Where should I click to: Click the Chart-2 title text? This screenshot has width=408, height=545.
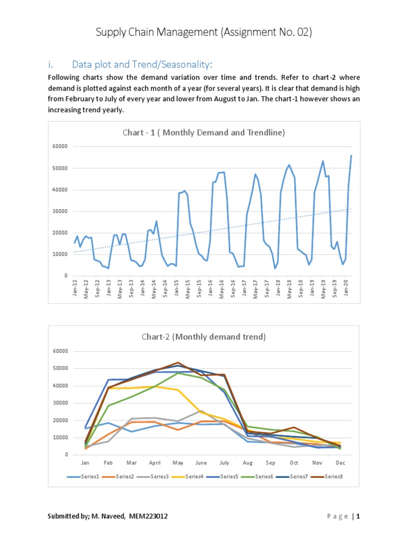pyautogui.click(x=203, y=337)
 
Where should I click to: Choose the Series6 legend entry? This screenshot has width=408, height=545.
pyautogui.click(x=265, y=476)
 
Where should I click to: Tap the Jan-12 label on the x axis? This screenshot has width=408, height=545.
pyautogui.click(x=75, y=288)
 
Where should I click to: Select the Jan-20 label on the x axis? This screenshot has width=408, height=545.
pyautogui.click(x=347, y=288)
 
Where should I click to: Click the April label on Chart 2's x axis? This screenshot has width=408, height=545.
pyautogui.click(x=154, y=463)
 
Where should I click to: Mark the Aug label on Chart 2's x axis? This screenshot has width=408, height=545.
pyautogui.click(x=247, y=463)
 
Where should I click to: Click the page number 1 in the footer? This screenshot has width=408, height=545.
pyautogui.click(x=358, y=516)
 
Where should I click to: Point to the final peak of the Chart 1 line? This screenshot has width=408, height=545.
pyautogui.click(x=351, y=155)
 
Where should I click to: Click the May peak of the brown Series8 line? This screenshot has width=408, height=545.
pyautogui.click(x=177, y=363)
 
